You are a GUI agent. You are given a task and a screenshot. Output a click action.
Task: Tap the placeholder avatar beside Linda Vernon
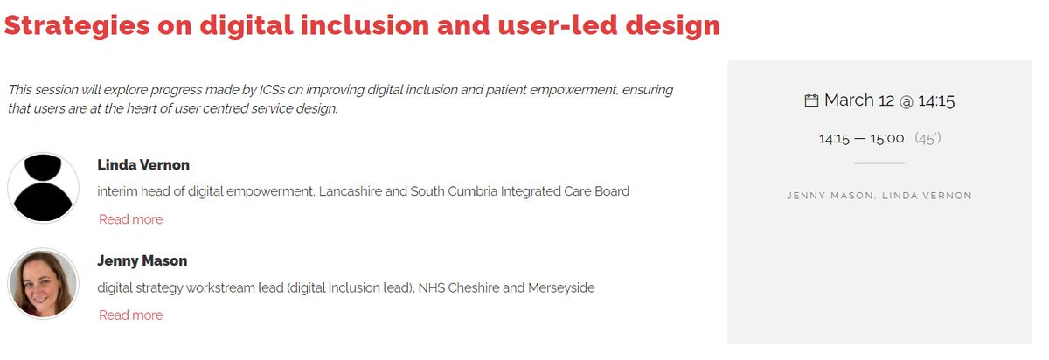pos(43,188)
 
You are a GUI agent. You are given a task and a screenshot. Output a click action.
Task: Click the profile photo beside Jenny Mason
pos(43,284)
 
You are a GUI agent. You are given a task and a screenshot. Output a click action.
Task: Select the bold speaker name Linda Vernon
pos(143,165)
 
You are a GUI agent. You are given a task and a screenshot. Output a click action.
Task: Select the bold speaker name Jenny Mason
pos(142,261)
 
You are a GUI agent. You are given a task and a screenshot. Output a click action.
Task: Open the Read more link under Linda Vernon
pos(130,219)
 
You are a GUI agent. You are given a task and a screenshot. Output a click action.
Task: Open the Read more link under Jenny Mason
pos(130,315)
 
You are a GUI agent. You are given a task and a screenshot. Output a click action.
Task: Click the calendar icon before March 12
pos(811,100)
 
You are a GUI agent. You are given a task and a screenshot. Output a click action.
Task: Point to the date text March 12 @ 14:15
pos(889,100)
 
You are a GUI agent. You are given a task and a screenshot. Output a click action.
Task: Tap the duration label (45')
pos(927,138)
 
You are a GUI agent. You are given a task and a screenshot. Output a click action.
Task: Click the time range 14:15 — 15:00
pos(861,138)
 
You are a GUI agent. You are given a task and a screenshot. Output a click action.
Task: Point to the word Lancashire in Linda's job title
pos(351,191)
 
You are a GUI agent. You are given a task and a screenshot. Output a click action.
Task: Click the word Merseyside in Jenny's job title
pos(561,287)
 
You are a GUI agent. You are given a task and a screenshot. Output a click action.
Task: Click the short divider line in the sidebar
pos(879,163)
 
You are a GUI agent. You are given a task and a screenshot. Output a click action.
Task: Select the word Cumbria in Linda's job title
pos(472,191)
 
